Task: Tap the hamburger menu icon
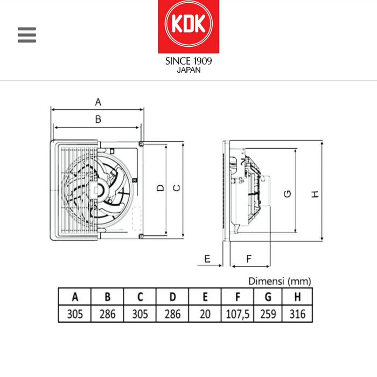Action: (27, 35)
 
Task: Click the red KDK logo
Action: (188, 26)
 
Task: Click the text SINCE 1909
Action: (188, 61)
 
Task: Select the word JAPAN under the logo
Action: (188, 70)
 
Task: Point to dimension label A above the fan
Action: (98, 102)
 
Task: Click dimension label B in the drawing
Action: (98, 119)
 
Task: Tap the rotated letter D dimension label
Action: (160, 188)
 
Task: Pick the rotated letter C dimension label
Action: (177, 188)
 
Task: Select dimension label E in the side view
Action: (207, 259)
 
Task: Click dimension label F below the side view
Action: (249, 259)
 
